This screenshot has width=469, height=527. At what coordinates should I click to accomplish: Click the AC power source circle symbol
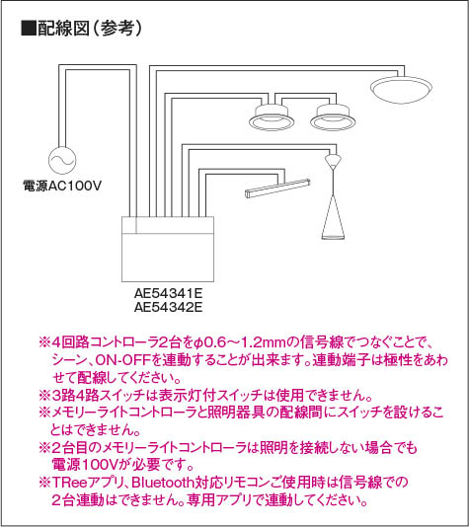click(x=62, y=160)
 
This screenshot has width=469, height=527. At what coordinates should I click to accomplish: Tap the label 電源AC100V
click(x=62, y=186)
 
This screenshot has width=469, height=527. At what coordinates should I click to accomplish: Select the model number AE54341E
click(x=168, y=293)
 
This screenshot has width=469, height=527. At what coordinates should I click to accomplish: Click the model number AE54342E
click(x=168, y=307)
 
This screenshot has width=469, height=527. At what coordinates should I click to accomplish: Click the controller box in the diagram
click(x=168, y=249)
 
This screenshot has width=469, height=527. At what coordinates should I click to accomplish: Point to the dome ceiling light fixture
click(x=401, y=89)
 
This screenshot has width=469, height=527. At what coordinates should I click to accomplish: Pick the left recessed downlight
click(x=272, y=117)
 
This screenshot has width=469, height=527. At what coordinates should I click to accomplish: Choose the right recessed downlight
click(x=333, y=117)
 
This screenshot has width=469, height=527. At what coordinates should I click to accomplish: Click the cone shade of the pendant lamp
click(x=333, y=217)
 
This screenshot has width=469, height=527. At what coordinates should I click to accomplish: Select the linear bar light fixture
click(x=277, y=189)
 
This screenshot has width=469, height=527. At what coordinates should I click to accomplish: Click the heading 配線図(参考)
click(x=90, y=29)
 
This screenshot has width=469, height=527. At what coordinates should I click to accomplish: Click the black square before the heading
click(x=29, y=29)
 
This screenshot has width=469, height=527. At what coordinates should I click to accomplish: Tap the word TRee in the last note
click(x=69, y=483)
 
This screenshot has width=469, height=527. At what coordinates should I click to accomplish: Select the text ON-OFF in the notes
click(x=123, y=360)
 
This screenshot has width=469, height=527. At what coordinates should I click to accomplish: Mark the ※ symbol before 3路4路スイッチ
click(x=44, y=395)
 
